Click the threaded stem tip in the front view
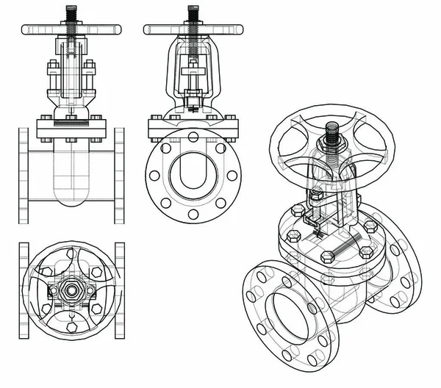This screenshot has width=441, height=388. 71,12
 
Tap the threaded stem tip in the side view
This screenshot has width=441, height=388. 193,12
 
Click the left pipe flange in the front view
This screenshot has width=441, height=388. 24,176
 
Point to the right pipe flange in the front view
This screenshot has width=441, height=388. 119,176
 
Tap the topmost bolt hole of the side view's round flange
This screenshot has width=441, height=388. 193,136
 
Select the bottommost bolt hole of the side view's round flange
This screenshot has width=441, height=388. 193,215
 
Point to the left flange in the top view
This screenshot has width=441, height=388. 24,290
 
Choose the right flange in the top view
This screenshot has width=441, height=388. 120,290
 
